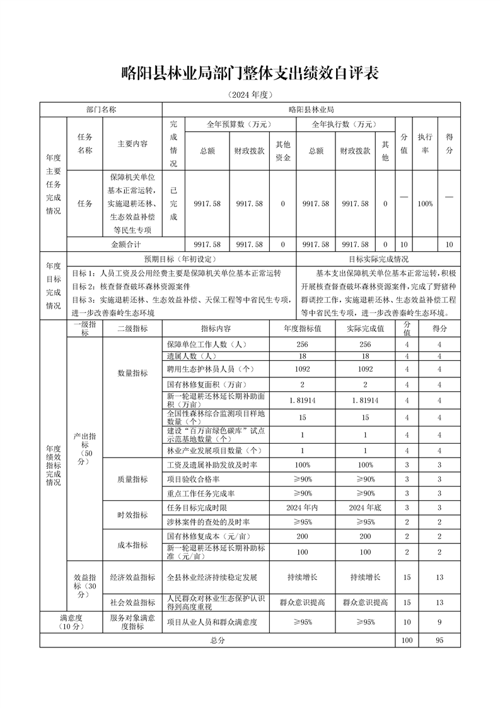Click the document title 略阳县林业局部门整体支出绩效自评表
coord(250,73)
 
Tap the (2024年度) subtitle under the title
coord(250,95)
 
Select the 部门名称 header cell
coord(101,109)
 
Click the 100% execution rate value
coord(425,204)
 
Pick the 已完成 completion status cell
coord(173,204)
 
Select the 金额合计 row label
coord(125,244)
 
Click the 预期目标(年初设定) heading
coord(180,259)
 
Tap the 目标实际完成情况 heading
coord(378,259)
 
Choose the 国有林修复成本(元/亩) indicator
coord(207,536)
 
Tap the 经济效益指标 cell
coord(132,577)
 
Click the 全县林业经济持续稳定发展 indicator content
coord(212,577)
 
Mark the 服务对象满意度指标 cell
coord(132,622)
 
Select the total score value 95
coord(439,640)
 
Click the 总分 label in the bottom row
coord(218,640)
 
